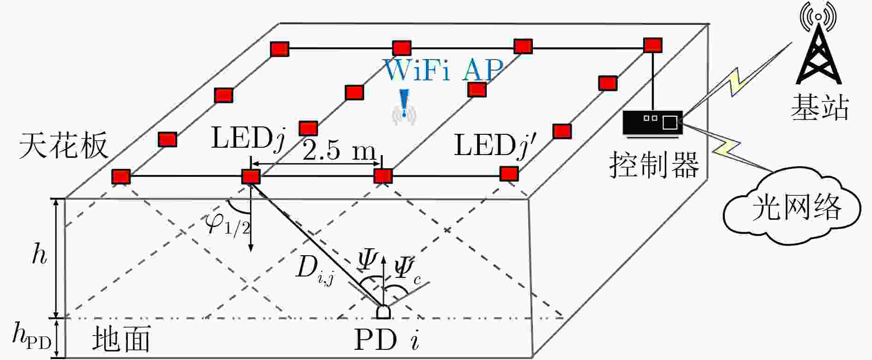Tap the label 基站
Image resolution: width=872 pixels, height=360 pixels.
[820, 108]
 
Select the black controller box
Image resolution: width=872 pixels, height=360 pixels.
[652, 123]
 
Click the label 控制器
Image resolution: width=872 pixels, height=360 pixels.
[654, 164]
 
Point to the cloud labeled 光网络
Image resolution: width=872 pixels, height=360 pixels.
[791, 207]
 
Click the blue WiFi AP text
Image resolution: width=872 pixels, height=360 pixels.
[443, 70]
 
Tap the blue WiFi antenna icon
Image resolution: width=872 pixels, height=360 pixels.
[404, 108]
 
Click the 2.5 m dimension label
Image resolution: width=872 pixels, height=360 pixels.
[339, 150]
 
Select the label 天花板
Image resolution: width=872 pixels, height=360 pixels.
[63, 145]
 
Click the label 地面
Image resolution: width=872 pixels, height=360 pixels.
[121, 339]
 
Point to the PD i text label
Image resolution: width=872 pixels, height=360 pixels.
[387, 340]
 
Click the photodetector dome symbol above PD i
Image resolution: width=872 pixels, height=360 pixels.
[383, 312]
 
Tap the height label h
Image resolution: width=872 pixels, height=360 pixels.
[40, 254]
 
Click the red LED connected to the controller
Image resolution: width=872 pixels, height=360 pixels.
[653, 45]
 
